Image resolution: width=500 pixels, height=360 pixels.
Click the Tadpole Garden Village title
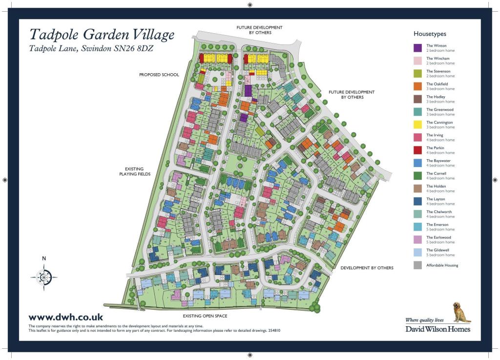(102, 35)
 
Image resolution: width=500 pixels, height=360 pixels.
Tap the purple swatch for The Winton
(417, 48)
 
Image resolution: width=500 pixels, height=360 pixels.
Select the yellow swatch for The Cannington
(417, 125)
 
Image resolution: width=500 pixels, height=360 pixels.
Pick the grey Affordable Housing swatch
(417, 265)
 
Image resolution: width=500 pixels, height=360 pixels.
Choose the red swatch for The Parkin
(417, 150)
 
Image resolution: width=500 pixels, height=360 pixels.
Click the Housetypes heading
(430, 34)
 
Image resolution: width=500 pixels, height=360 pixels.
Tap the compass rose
(44, 277)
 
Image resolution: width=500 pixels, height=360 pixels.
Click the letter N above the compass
(44, 258)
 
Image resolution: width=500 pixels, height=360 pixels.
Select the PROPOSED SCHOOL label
(159, 75)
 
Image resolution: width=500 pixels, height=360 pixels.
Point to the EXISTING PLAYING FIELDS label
(135, 171)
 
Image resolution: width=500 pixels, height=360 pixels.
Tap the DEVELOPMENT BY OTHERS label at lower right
(367, 268)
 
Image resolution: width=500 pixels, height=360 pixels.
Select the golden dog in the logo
(461, 313)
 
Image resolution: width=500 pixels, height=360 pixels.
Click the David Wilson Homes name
(437, 329)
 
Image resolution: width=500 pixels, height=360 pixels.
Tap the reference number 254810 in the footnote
(273, 331)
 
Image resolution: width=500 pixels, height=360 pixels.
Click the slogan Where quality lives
(425, 320)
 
